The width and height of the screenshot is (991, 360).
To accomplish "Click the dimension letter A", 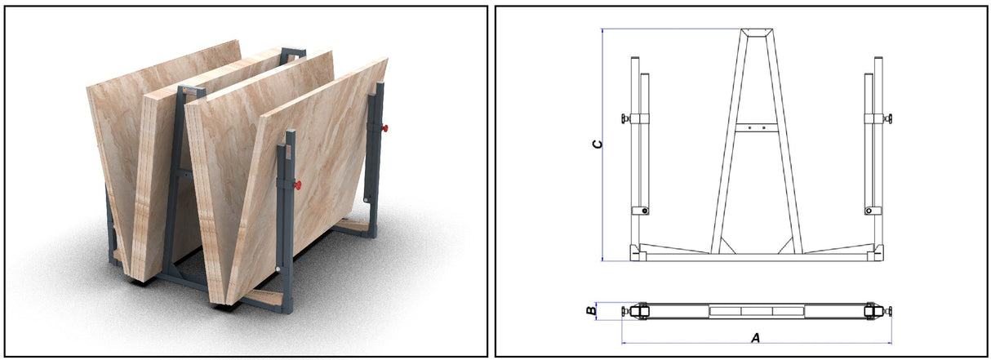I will pos(755,338).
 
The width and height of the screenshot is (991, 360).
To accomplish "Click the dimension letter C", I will pos(598,144).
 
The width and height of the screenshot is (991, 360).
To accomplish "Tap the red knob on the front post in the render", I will pos(299,185).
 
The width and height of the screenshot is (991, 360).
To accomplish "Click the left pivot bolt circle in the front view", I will pos(645,211).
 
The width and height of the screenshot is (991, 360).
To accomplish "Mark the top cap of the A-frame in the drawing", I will pos(757,33).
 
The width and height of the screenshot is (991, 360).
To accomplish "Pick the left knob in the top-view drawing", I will pos(625,311).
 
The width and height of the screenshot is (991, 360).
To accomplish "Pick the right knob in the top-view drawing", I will pos(888,311).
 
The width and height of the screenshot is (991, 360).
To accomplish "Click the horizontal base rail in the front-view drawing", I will pos(757,256).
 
